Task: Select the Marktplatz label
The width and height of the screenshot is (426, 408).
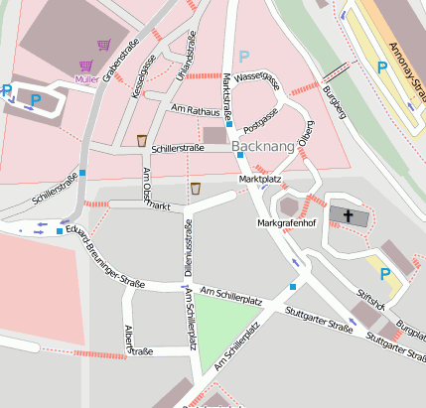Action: (x=260, y=179)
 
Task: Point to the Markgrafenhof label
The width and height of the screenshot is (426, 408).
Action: (x=286, y=224)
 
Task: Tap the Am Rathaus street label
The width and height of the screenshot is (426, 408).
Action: (x=194, y=109)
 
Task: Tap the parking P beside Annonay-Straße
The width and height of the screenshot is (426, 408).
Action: (x=381, y=68)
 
